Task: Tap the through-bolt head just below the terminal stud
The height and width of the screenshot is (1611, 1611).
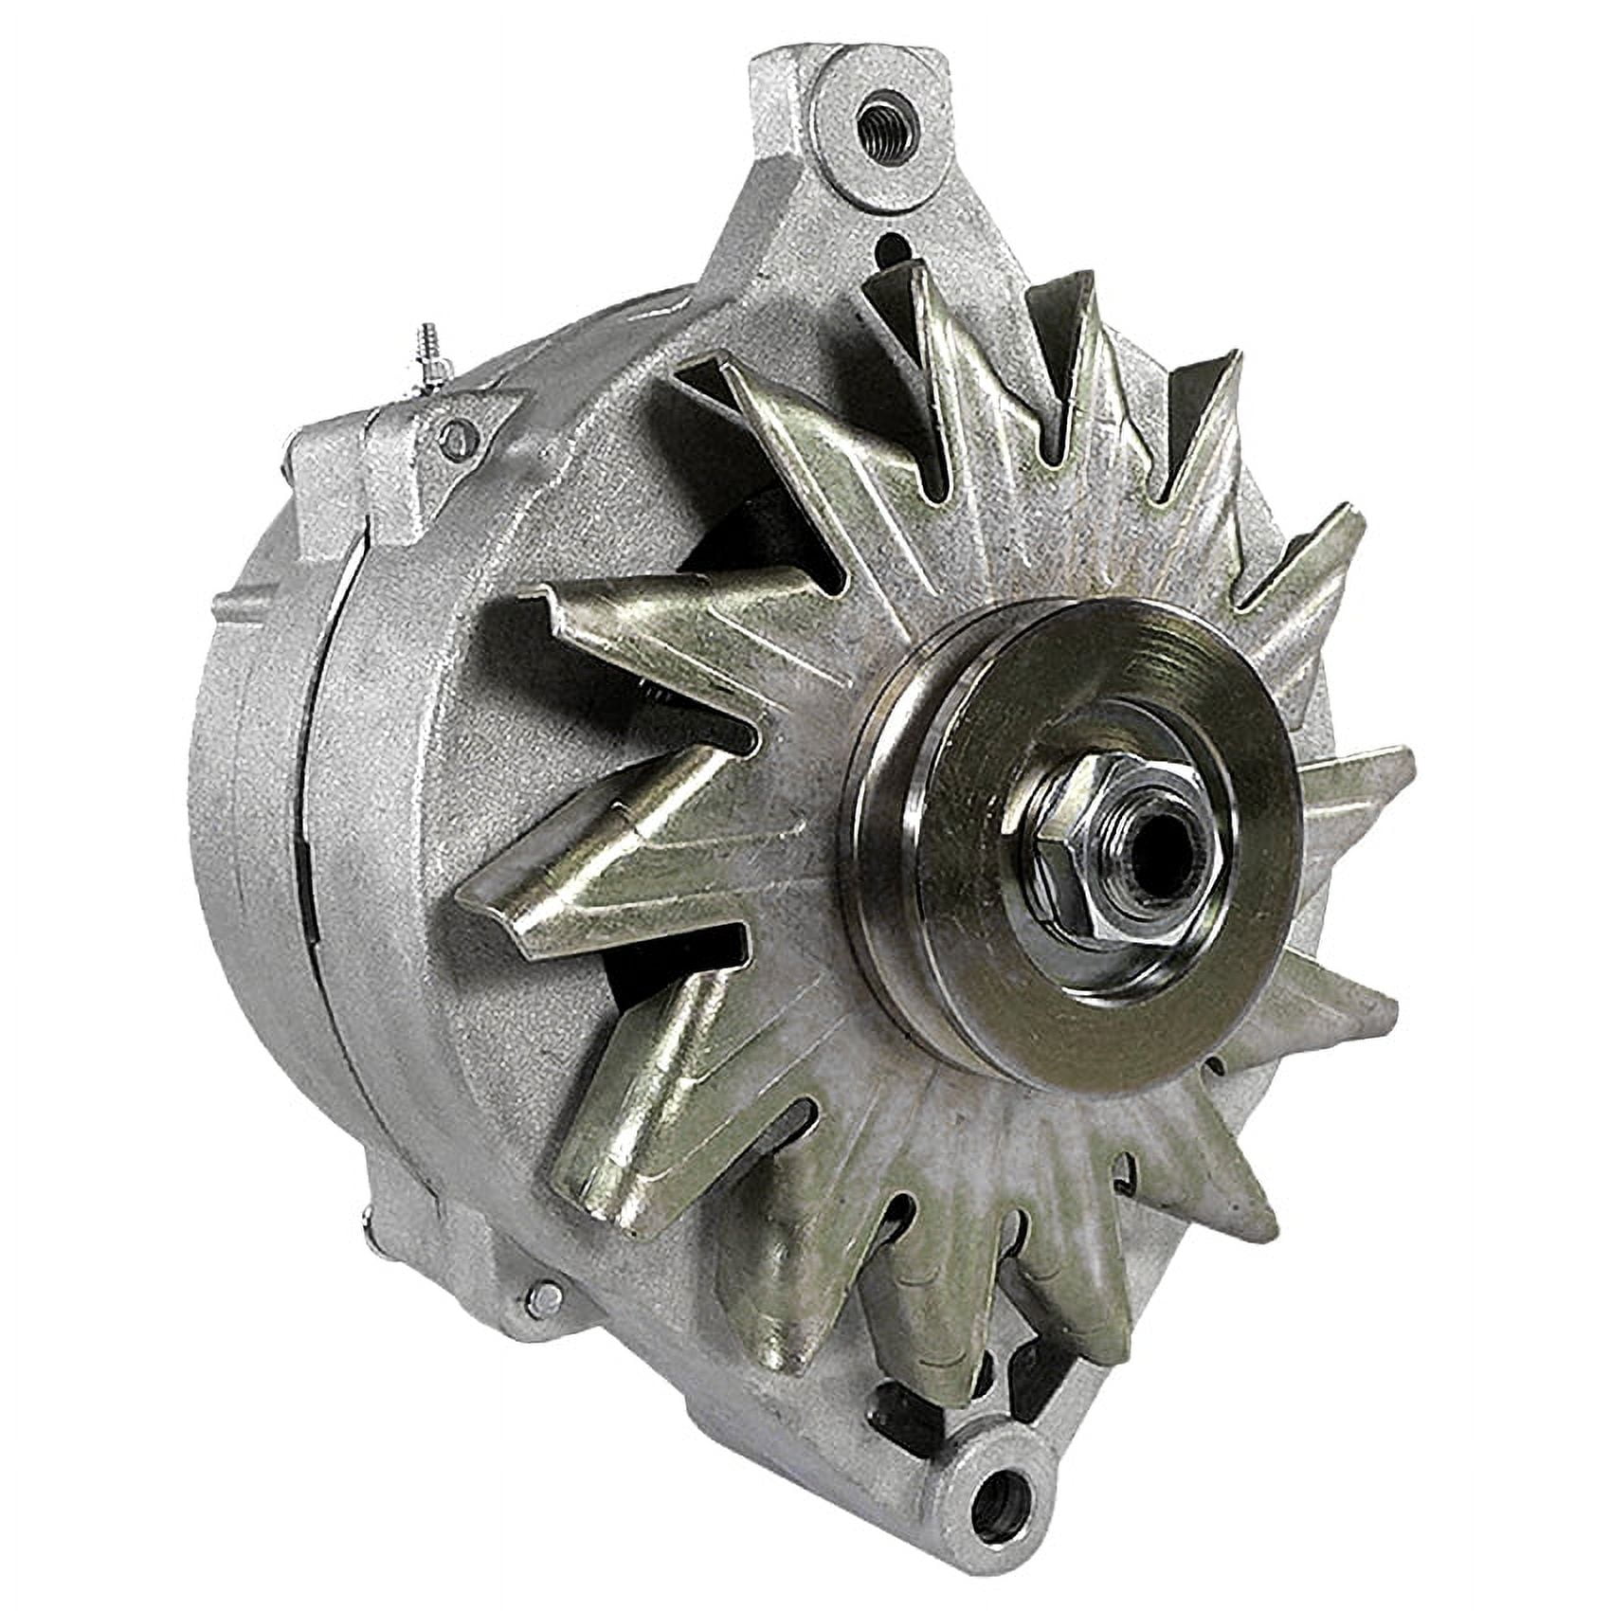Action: click(461, 437)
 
